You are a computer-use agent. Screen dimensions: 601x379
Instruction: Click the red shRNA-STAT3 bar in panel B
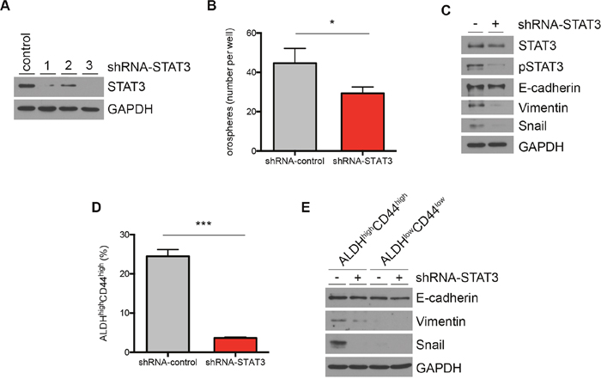[362, 121]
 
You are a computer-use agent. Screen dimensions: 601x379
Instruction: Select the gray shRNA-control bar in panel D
[168, 304]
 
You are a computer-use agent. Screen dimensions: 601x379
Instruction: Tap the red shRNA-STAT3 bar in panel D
[235, 345]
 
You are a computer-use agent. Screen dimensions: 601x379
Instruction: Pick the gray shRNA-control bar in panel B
[294, 107]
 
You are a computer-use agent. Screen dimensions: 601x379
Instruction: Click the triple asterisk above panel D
[203, 224]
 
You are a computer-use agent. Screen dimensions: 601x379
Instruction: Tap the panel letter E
[306, 207]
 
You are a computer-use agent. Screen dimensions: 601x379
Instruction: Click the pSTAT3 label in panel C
[541, 67]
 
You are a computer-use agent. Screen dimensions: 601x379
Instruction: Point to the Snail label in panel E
[430, 345]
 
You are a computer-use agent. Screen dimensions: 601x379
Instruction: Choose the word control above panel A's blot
[26, 52]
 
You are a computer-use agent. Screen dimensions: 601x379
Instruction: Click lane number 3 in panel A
[89, 65]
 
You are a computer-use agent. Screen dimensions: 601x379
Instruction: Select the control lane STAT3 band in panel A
[26, 86]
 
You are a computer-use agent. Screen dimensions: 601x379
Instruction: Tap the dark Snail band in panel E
[337, 343]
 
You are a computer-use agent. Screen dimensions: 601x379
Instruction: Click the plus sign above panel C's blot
[495, 24]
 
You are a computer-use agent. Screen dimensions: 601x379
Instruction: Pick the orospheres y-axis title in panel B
[229, 92]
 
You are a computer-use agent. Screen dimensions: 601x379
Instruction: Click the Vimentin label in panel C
[543, 107]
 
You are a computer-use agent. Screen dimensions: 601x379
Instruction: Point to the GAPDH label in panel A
[131, 109]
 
